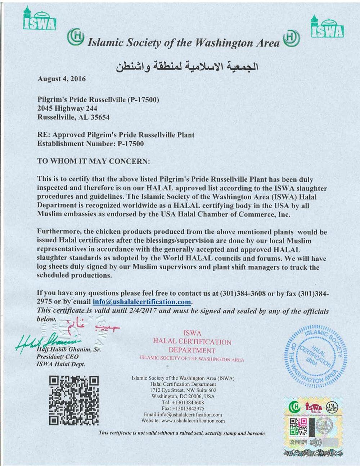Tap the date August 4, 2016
62,79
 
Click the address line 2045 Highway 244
67,108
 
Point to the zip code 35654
99,117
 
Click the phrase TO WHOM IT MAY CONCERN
93,161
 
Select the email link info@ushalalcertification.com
141,302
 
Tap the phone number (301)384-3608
242,293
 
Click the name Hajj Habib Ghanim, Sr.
68,350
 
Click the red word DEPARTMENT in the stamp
192,350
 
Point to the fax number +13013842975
188,409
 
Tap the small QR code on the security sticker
298,427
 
